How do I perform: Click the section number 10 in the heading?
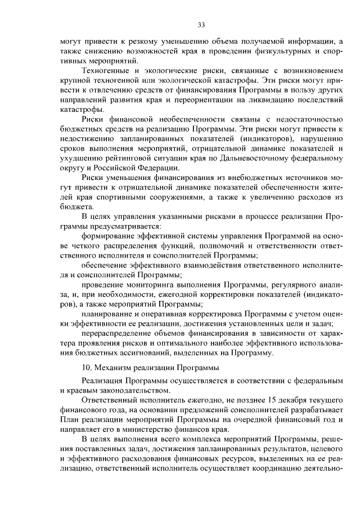pos(85,368)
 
